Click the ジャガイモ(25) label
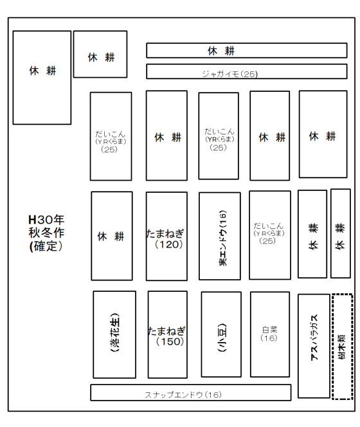(230, 74)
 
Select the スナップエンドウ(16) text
(183, 395)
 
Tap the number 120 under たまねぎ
(169, 244)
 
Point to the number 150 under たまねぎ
(170, 341)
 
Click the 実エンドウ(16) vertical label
(222, 238)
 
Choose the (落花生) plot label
(114, 332)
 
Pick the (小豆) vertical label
(222, 338)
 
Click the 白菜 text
(269, 330)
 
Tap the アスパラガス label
(314, 338)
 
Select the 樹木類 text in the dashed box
(341, 347)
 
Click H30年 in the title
(46, 219)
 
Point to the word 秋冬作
(46, 233)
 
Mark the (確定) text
(46, 246)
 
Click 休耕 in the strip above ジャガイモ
(221, 51)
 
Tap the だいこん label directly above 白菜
(269, 226)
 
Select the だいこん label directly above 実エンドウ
(219, 132)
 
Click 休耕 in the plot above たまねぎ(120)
(168, 137)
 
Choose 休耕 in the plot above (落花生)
(111, 236)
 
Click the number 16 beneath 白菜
(269, 338)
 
